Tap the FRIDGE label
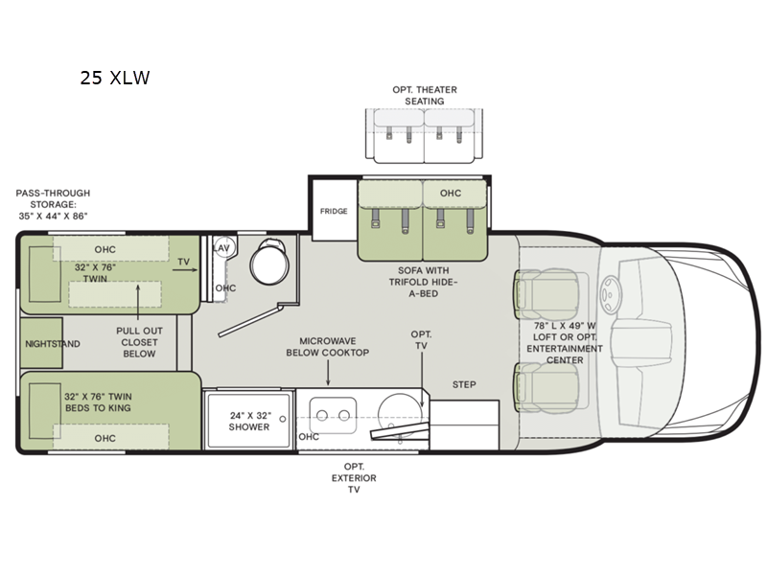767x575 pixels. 334,211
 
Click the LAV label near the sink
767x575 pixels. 221,248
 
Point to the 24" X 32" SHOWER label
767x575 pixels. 249,422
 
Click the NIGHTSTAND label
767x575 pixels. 51,343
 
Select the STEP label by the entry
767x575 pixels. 464,385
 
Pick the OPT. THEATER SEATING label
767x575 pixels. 425,96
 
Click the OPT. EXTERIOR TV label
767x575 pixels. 354,477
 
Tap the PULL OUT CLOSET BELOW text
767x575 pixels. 139,341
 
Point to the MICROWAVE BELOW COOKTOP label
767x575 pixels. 328,347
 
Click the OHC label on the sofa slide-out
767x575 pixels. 451,194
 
